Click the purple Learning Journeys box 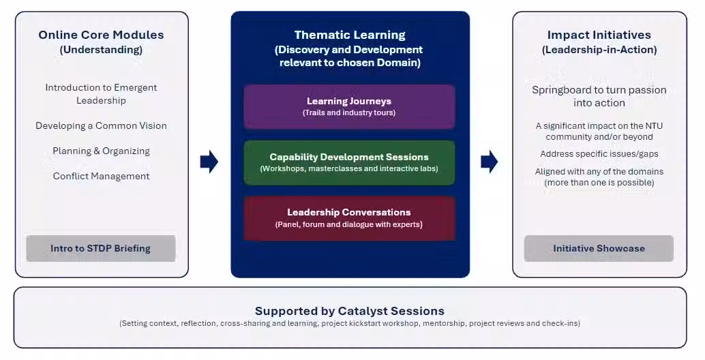[x=349, y=107]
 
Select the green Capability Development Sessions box [x=349, y=163]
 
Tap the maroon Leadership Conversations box [x=349, y=218]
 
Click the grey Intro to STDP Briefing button [x=101, y=249]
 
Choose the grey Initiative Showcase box [x=599, y=249]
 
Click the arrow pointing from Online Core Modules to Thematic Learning [x=209, y=162]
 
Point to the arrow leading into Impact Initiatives [x=489, y=162]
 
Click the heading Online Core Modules [x=101, y=35]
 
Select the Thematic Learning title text [x=350, y=35]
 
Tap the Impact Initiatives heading [x=599, y=35]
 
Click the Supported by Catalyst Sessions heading [x=349, y=311]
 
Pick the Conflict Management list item [x=101, y=176]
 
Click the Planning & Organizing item [x=101, y=151]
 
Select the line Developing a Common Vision [x=101, y=126]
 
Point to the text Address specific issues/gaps [x=599, y=154]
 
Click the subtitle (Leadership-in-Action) [x=599, y=50]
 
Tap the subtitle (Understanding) [x=101, y=50]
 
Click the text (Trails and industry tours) [x=349, y=112]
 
